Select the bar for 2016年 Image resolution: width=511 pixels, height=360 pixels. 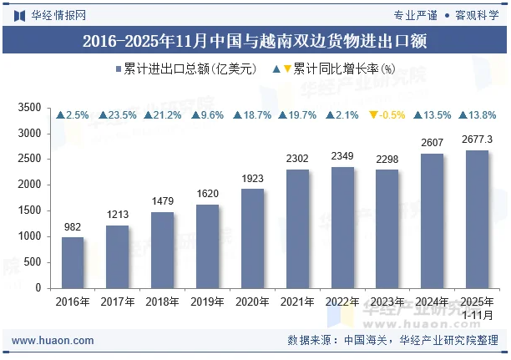(x=73, y=263)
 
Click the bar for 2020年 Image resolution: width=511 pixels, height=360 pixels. (x=252, y=239)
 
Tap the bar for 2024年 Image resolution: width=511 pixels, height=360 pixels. (x=433, y=221)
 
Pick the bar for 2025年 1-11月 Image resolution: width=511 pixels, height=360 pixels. (x=477, y=220)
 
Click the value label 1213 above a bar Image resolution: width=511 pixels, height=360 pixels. (x=118, y=215)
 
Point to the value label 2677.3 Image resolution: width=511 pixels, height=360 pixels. (x=477, y=139)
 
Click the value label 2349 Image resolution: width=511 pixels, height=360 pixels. (x=342, y=156)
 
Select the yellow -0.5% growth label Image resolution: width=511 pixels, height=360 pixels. (x=387, y=115)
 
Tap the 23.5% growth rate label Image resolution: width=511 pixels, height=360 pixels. (x=118, y=115)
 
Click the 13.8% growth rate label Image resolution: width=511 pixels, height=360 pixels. (x=477, y=115)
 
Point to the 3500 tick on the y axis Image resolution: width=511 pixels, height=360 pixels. (x=29, y=108)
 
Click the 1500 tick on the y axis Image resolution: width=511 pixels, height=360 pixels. (x=29, y=210)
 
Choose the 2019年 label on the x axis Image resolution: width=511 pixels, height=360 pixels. (x=207, y=302)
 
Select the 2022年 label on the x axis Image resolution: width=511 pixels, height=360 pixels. (x=342, y=302)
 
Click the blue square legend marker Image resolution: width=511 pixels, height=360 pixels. (x=119, y=68)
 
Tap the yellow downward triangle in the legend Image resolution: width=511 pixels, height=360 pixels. (x=287, y=68)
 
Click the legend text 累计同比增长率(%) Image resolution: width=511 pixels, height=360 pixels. (x=344, y=68)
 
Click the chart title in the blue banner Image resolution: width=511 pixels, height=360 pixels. (x=255, y=41)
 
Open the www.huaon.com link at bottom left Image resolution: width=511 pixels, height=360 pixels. (x=53, y=341)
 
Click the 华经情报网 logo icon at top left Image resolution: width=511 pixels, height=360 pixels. (x=19, y=16)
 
